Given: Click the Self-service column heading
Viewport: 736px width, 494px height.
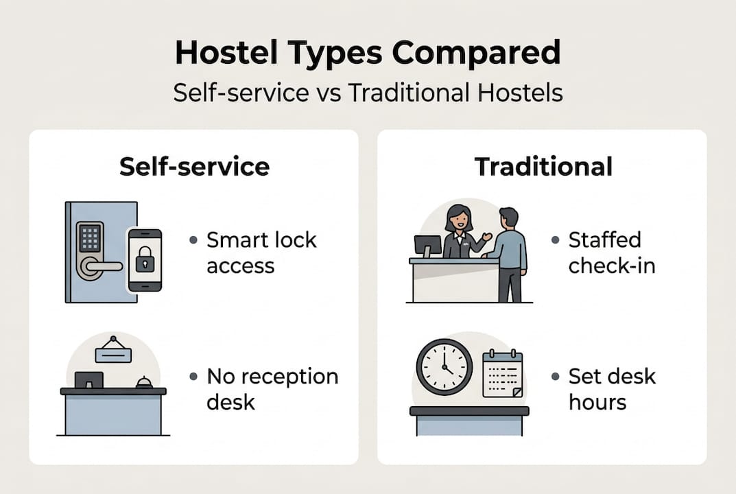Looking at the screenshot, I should pyautogui.click(x=194, y=167).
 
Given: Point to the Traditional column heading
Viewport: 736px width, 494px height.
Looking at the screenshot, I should pyautogui.click(x=543, y=167).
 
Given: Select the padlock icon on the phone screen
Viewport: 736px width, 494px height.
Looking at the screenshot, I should pyautogui.click(x=145, y=260).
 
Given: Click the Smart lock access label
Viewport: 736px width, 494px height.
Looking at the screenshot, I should pyautogui.click(x=261, y=252).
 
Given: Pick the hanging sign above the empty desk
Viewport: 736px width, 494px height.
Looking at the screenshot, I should pyautogui.click(x=113, y=353).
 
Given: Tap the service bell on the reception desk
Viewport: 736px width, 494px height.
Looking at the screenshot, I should pyautogui.click(x=144, y=383).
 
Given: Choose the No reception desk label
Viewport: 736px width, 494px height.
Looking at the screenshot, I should pyautogui.click(x=272, y=388).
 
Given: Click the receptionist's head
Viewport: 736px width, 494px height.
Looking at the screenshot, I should pyautogui.click(x=458, y=220).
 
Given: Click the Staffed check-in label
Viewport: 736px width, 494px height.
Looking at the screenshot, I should pyautogui.click(x=611, y=252).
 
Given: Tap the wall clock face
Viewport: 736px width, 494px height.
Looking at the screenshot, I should pyautogui.click(x=444, y=366).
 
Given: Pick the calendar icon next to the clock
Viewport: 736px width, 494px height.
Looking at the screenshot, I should pyautogui.click(x=503, y=375).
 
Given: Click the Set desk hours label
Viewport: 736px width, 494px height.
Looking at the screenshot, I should pyautogui.click(x=612, y=388).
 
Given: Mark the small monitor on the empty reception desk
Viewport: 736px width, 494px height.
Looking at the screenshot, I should pyautogui.click(x=88, y=379).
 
